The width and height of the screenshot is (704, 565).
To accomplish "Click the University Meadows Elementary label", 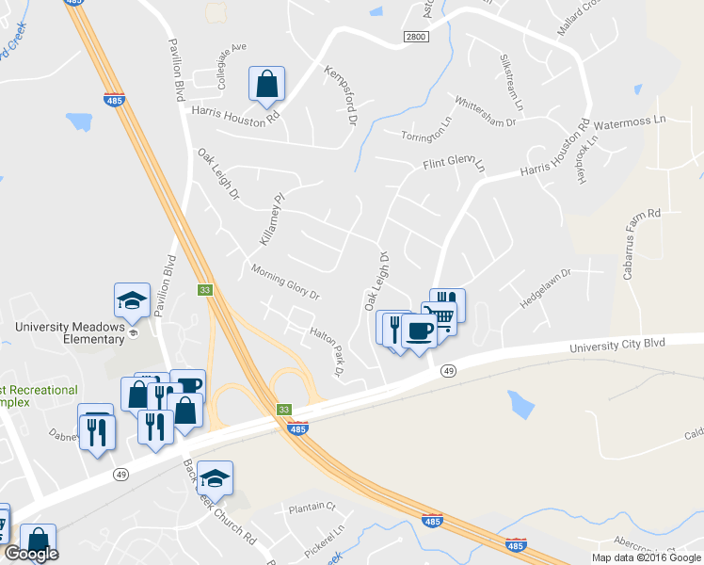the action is coord(71,333).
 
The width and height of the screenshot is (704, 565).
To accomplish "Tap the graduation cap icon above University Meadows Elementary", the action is coord(132,300).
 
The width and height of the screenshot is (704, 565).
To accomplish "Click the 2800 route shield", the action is coord(415,36).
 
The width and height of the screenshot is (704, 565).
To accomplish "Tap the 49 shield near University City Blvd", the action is coord(447,371).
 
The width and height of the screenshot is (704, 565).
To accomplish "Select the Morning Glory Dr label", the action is coord(286,282).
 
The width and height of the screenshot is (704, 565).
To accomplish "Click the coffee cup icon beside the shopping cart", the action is coord(419,331).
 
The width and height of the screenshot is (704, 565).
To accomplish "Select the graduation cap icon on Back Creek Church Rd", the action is coord(215,477).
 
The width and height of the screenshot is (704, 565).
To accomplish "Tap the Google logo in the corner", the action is coord(31,554).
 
